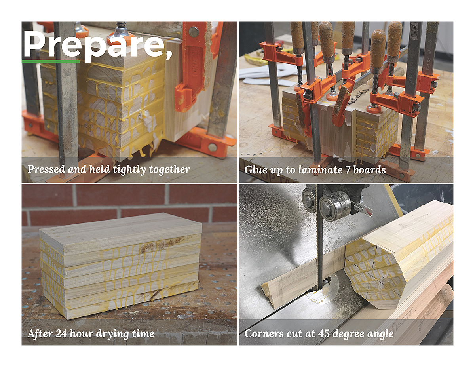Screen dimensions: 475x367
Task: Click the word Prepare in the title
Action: tap(94, 44)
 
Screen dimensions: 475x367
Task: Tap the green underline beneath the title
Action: tap(51, 62)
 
